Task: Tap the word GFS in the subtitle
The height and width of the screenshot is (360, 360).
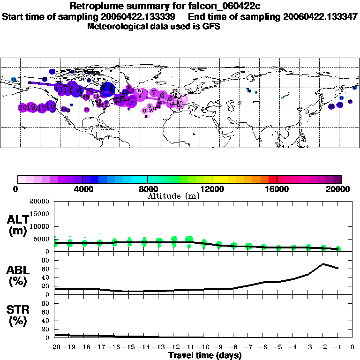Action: click(212, 26)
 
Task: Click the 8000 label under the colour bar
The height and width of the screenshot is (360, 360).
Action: click(147, 189)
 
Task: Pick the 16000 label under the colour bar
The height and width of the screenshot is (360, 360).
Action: click(277, 189)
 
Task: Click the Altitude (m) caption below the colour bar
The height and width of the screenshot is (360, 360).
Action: click(174, 196)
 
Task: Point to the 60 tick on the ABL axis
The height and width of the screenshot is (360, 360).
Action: click(46, 269)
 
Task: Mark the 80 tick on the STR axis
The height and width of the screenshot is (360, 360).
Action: click(46, 303)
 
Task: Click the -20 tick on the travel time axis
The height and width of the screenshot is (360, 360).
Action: click(55, 347)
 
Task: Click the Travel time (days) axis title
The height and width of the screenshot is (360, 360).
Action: click(205, 355)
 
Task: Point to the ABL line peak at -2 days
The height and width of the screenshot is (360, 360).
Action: click(323, 264)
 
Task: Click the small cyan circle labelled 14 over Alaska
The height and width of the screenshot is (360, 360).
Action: click(14, 80)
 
